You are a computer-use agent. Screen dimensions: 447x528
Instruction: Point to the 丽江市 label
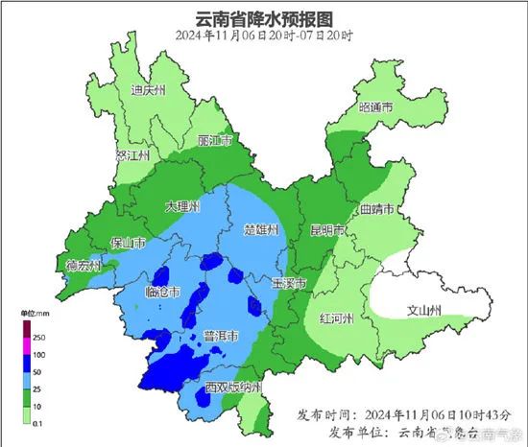215,141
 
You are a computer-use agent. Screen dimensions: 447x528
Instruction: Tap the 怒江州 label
132,154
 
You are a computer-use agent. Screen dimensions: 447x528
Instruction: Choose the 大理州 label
181,207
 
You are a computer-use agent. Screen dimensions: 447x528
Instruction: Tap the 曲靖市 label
377,208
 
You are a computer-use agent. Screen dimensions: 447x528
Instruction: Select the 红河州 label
337,318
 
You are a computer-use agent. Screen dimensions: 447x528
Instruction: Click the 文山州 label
423,310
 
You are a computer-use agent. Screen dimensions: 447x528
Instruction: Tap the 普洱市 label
222,335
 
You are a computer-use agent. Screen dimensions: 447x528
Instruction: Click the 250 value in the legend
39,338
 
